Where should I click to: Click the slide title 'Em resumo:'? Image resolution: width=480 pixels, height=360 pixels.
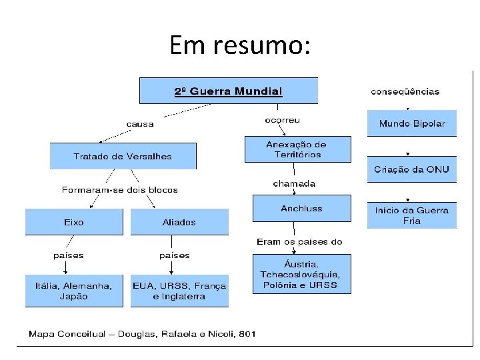coord(239,45)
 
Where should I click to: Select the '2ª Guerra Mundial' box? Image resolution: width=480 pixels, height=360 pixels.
coord(228,91)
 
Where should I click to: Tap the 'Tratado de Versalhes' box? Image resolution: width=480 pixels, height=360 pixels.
coord(123,156)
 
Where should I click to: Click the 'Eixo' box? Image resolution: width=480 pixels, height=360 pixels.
coord(74,222)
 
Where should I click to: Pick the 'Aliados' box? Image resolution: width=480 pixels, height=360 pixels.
coord(179,222)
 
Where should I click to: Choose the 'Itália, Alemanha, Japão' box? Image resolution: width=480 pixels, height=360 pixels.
coord(74,291)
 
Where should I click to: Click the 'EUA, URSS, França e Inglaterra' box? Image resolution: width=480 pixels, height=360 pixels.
coord(179,291)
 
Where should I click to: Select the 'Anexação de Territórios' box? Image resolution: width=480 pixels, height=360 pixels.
coord(297,149)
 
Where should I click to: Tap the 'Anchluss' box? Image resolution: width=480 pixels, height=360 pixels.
coord(301,208)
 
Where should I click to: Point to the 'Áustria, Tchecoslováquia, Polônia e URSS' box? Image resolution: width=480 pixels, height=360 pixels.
coord(301,274)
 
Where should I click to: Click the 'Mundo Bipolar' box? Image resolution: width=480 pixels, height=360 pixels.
coord(411,123)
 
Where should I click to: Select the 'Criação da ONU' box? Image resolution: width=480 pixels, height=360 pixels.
coord(411,169)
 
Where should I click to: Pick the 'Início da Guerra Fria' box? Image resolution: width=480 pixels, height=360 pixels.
coord(411,215)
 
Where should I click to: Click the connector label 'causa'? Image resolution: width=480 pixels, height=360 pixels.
coord(140,123)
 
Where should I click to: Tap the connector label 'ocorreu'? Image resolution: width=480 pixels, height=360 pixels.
coord(283,120)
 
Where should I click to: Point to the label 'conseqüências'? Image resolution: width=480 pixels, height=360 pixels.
coord(405,91)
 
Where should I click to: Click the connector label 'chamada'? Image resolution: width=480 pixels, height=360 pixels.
coord(294,183)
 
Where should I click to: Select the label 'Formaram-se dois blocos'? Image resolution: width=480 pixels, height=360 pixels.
coord(120,190)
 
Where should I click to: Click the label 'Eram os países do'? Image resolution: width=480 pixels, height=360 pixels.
coord(299,241)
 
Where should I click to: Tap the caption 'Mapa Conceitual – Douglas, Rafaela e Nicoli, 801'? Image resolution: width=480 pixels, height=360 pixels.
coord(142,334)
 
